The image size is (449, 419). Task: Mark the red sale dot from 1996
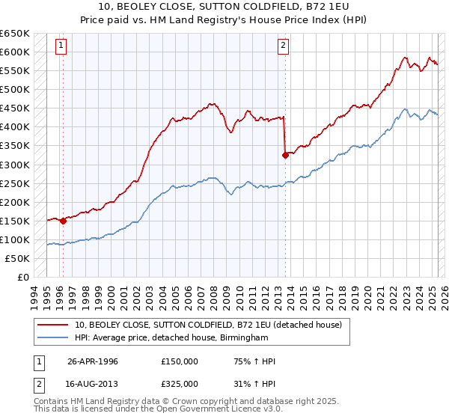click(x=63, y=221)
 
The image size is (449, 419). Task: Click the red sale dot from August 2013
click(x=285, y=155)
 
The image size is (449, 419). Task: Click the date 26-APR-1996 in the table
click(x=93, y=361)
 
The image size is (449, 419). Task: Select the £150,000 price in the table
click(x=180, y=361)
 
